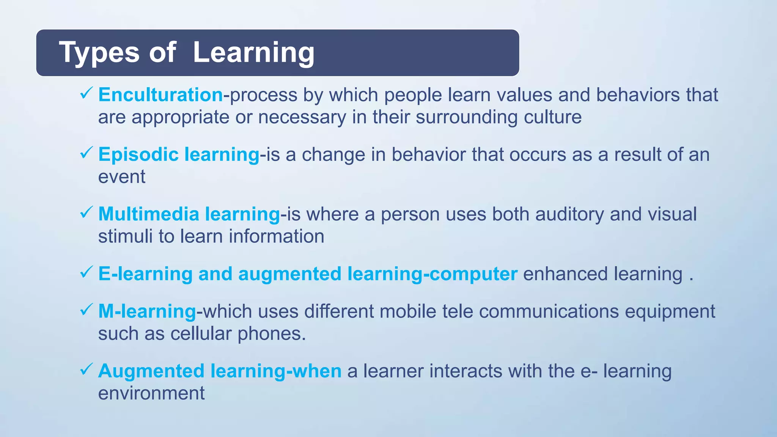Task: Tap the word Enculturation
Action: [160, 95]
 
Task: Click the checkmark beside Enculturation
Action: [87, 93]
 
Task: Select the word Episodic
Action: [138, 155]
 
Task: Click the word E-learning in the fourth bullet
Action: [145, 274]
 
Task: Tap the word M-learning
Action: [147, 311]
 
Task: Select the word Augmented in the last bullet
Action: [151, 371]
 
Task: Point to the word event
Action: [121, 177]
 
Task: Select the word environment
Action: [151, 393]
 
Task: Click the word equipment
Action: [670, 312]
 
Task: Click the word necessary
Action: [302, 118]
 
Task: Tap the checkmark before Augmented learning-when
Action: [87, 369]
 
